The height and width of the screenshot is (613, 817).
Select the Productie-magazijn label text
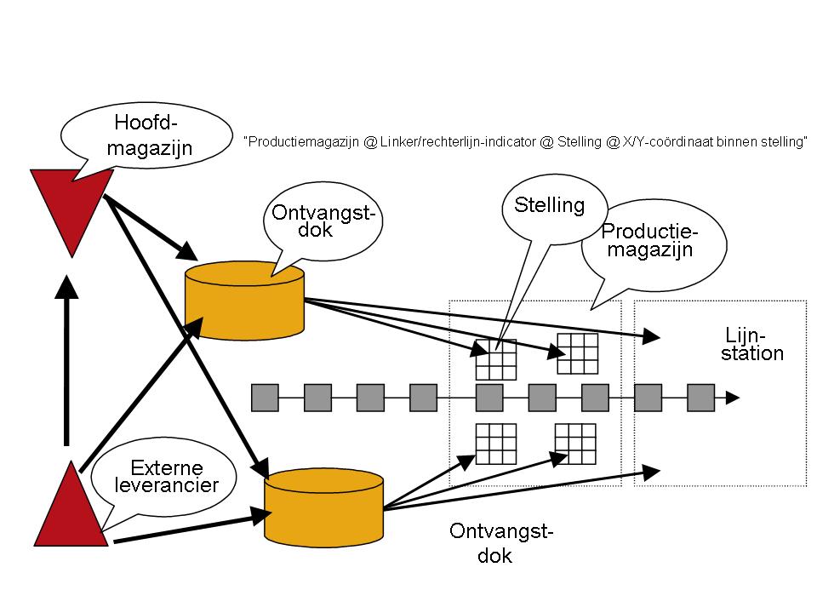click(649, 240)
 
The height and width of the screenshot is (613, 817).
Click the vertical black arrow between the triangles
click(66, 358)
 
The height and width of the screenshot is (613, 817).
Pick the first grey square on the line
click(266, 398)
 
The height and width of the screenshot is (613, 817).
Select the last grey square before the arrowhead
click(700, 398)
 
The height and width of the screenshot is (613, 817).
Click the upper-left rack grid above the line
click(496, 358)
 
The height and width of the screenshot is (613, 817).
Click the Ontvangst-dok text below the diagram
click(501, 544)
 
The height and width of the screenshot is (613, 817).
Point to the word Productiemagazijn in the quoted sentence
click(302, 142)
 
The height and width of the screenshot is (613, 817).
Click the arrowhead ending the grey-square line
click(731, 398)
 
